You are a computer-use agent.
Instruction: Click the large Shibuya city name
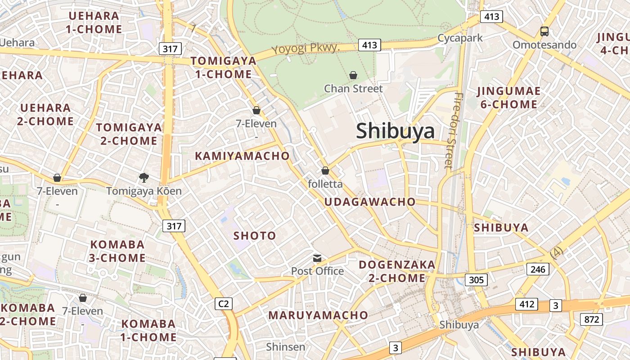(396, 131)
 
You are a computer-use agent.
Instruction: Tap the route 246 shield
(538, 270)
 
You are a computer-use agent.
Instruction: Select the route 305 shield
(476, 280)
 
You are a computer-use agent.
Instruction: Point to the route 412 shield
(527, 304)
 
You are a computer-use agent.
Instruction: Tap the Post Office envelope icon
(317, 258)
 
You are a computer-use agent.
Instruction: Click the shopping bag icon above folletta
(325, 171)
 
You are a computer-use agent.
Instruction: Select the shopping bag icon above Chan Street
(353, 75)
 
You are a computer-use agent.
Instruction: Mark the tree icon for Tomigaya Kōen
(144, 178)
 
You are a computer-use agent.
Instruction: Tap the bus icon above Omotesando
(544, 31)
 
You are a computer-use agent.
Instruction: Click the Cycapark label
(460, 38)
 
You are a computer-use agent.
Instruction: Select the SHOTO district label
(255, 236)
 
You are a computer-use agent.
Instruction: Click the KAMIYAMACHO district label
(242, 156)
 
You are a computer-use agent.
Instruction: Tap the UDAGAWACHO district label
(370, 202)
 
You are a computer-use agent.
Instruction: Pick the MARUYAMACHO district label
(318, 315)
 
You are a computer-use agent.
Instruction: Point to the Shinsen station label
(285, 347)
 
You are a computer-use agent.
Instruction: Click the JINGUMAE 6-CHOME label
(508, 98)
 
